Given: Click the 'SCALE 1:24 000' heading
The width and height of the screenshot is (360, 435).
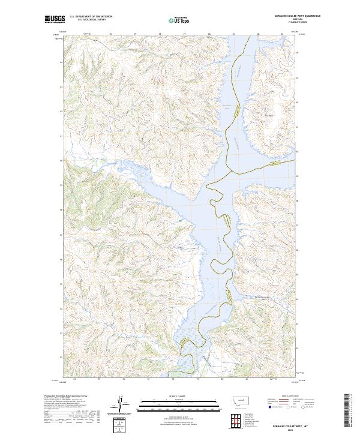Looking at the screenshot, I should click(x=172, y=396).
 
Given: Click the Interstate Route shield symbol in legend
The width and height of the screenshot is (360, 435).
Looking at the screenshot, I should click(x=268, y=407).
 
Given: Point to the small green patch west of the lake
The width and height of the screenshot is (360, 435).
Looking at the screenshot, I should click(x=178, y=221).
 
